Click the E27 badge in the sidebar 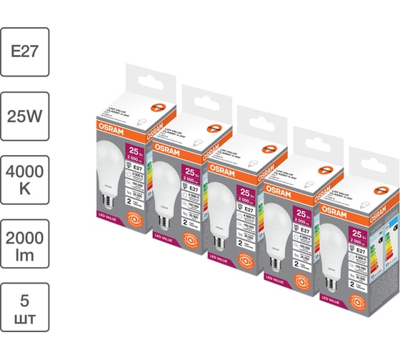(x=25, y=52)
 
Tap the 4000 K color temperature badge (x=25, y=179)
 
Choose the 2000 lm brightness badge (x=25, y=244)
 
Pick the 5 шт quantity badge (x=25, y=307)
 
